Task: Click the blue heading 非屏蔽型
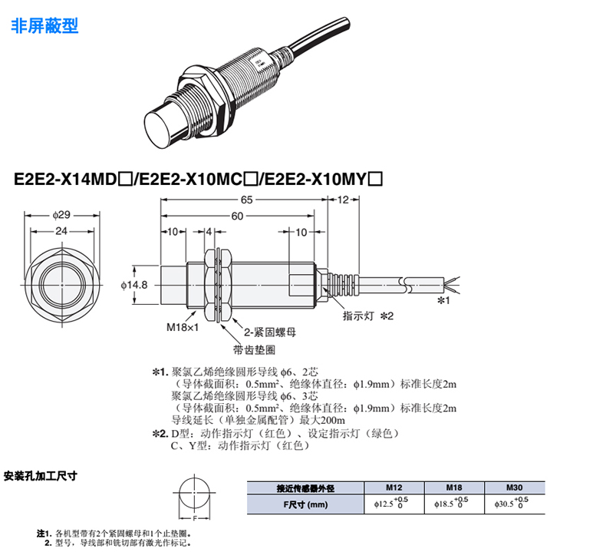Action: pos(44,26)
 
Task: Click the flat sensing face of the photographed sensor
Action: pos(159,125)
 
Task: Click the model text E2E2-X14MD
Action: pos(65,179)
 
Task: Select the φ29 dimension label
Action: pos(61,215)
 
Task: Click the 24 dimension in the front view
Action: pos(61,231)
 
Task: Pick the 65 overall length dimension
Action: pos(246,200)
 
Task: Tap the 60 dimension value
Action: pos(237,216)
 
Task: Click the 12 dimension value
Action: pos(343,200)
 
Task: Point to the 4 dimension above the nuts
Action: pos(209,232)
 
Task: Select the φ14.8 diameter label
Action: pos(134,285)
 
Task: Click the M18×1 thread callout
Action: pos(183,327)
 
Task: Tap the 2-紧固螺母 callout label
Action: pos(270,332)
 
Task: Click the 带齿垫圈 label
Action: pos(255,350)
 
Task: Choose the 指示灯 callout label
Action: pos(358,316)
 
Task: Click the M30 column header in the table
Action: pos(515,488)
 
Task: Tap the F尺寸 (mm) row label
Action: pos(305,504)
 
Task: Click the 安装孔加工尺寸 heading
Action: pos(41,476)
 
